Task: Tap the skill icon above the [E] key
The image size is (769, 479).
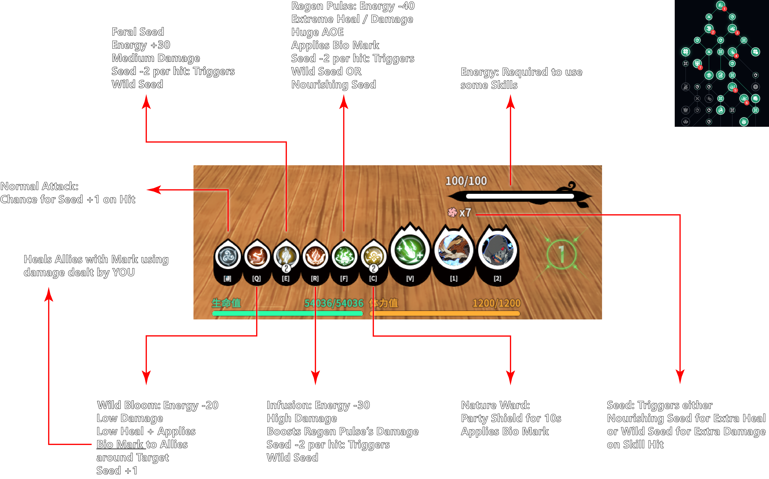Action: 286,256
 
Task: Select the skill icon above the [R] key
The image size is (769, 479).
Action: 315,256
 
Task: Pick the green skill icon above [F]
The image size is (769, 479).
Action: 344,256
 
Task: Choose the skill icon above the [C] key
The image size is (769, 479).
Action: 373,256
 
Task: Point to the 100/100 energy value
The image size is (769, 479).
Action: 466,181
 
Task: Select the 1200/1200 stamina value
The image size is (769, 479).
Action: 496,303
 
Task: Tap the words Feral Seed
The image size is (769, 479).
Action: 138,32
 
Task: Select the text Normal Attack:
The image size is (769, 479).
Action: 39,186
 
